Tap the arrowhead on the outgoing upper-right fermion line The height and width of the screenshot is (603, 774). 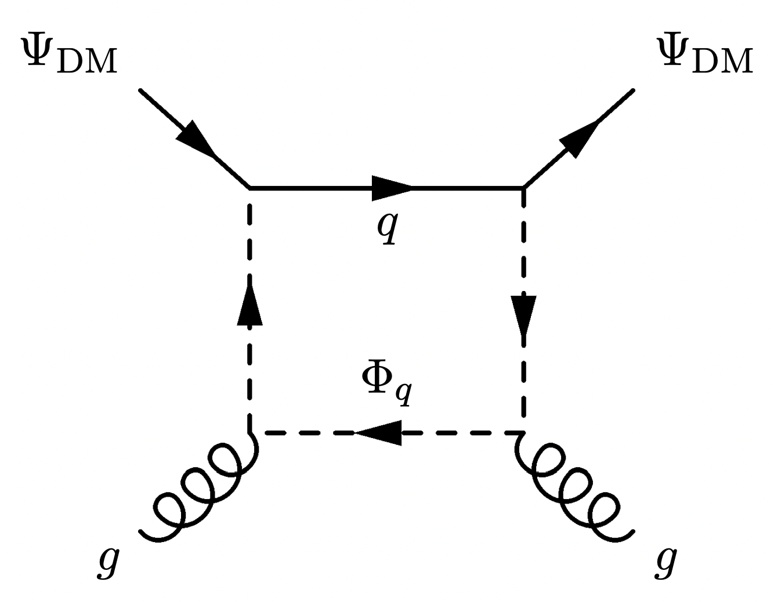[x=579, y=138]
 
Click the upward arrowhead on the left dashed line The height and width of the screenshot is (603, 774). [x=250, y=305]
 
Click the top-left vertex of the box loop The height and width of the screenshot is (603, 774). [x=250, y=188]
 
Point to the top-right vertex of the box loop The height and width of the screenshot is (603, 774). [x=524, y=188]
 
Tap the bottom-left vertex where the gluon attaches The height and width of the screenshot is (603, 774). [x=251, y=433]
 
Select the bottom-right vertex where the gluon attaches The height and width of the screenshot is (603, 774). [x=523, y=433]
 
